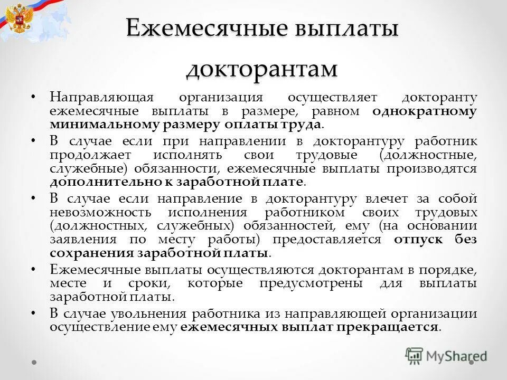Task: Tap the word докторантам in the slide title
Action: pos(261,69)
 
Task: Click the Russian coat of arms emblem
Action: pos(20,20)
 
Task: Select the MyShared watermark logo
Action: pos(446,356)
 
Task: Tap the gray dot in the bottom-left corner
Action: pos(34,363)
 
